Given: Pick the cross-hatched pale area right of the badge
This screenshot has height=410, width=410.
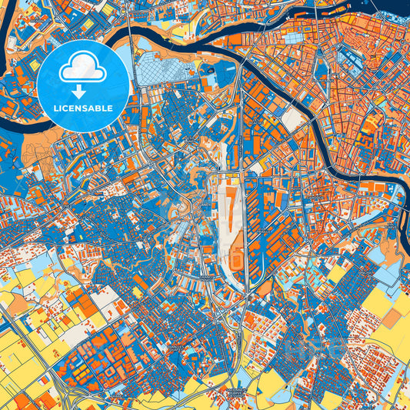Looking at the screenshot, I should click(x=165, y=74).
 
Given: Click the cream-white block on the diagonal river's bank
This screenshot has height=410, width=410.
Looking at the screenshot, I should click(x=292, y=118).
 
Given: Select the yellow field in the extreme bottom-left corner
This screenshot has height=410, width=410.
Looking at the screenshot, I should click(x=9, y=396).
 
